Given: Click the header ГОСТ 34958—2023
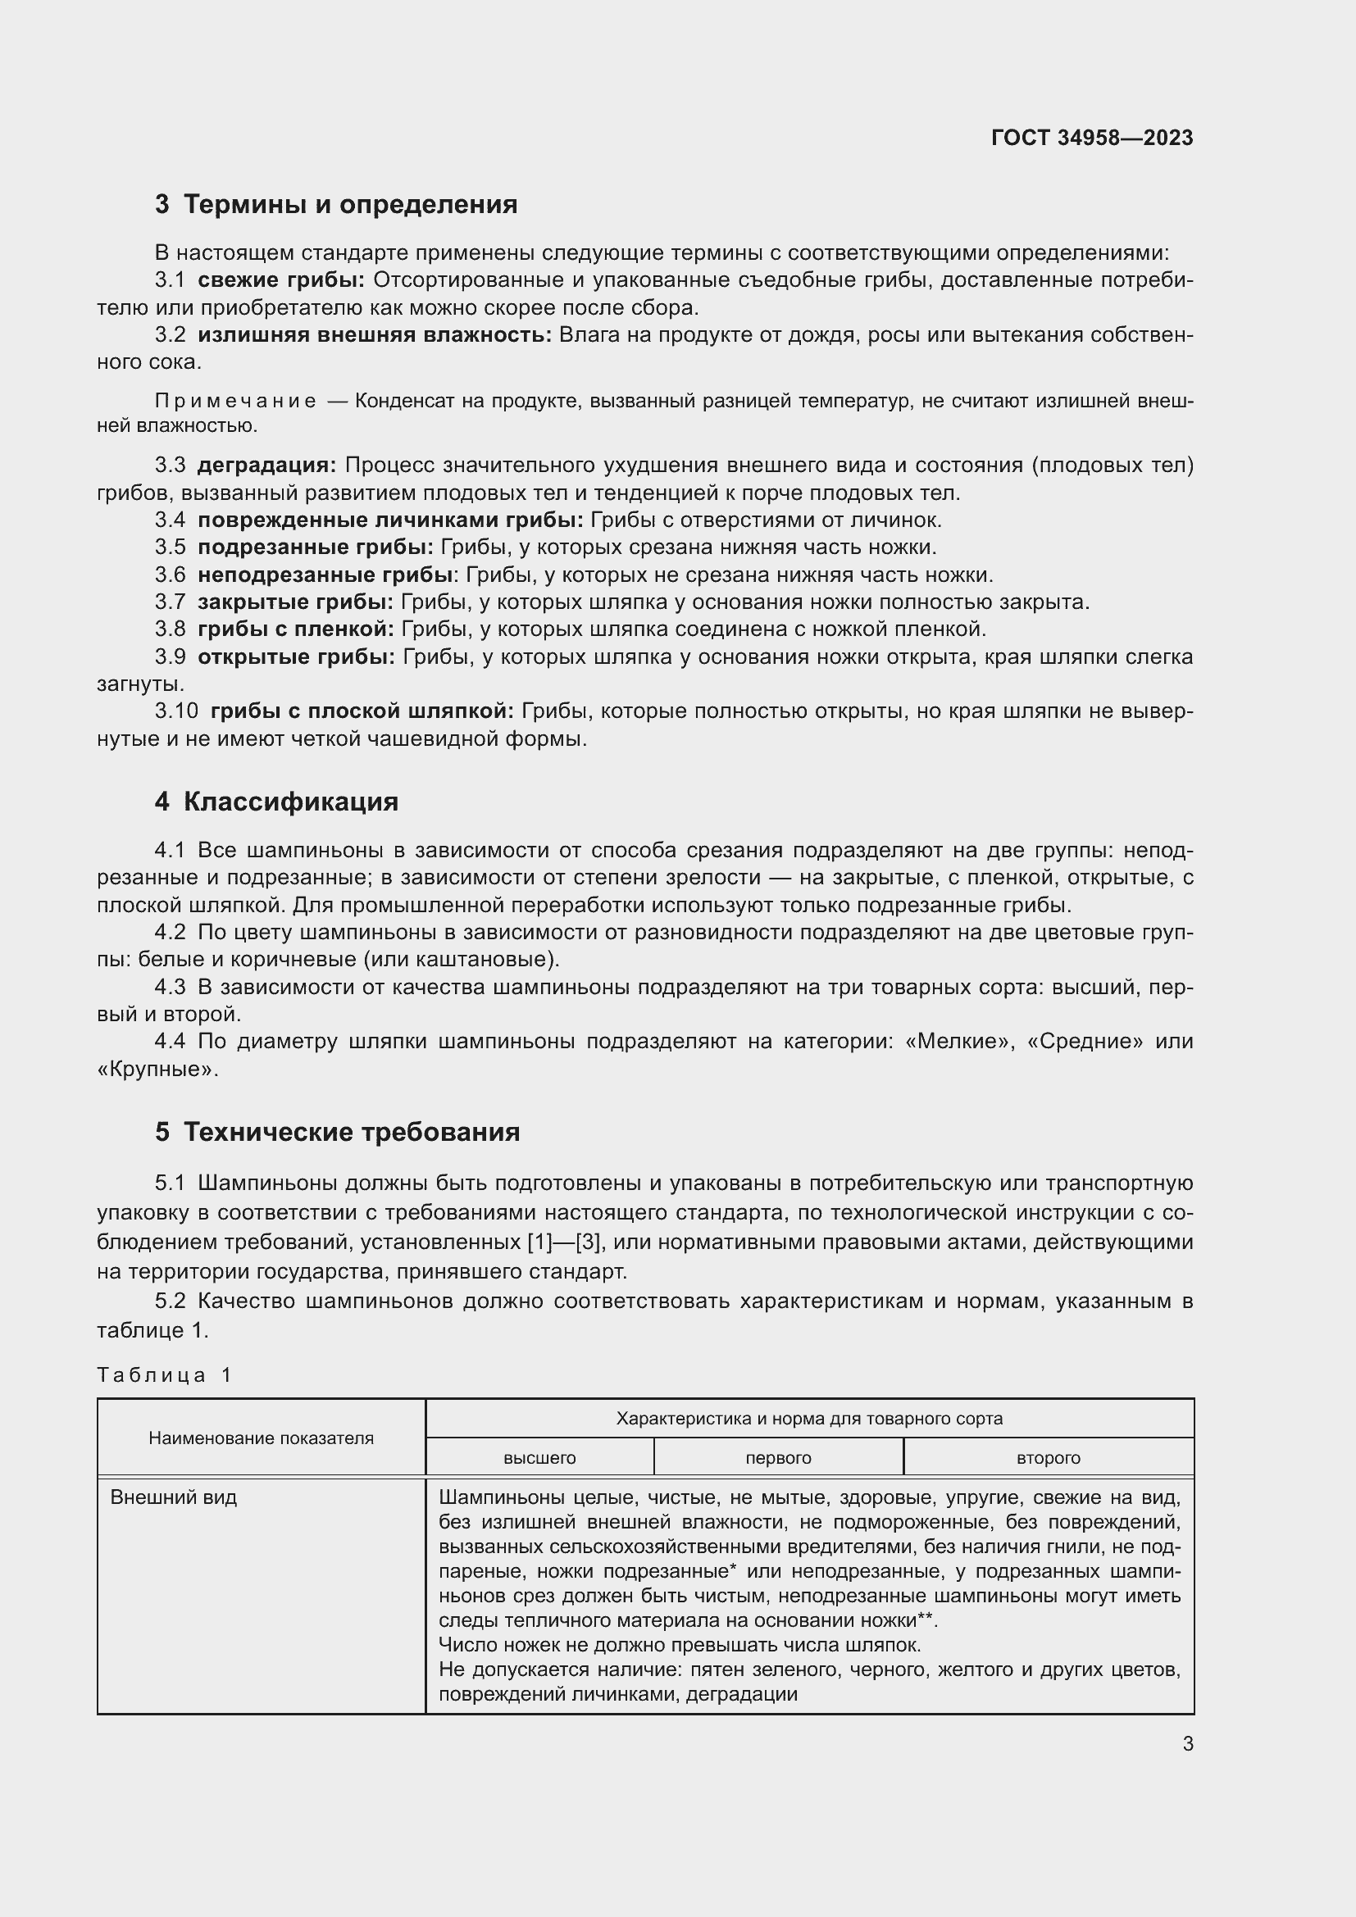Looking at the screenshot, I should (x=1091, y=138).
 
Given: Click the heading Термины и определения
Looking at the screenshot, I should (x=350, y=205).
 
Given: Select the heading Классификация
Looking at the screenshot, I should (x=290, y=802).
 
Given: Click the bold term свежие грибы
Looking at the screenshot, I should (x=281, y=279).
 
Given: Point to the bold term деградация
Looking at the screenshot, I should (x=266, y=465).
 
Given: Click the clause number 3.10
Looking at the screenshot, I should (x=176, y=711).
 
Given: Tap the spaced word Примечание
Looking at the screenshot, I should (x=235, y=402).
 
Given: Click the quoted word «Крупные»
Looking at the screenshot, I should (x=157, y=1070).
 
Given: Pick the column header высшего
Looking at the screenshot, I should (x=539, y=1458).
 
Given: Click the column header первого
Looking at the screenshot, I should (x=778, y=1458).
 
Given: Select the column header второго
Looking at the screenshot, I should (x=1048, y=1458).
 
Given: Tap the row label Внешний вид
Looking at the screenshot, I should (x=174, y=1497).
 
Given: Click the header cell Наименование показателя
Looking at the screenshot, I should (x=261, y=1438).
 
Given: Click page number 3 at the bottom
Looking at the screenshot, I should (x=1187, y=1743).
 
